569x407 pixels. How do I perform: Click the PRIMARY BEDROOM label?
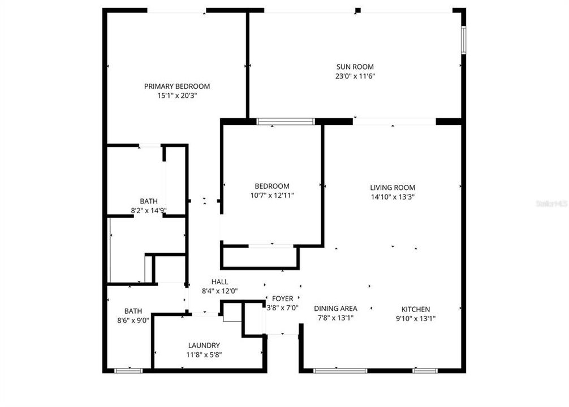point(177,86)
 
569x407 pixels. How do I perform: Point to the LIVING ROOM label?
point(393,188)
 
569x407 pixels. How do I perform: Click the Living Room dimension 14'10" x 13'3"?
point(393,197)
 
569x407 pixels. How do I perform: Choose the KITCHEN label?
point(416,309)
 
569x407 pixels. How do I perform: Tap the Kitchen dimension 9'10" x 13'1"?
point(416,318)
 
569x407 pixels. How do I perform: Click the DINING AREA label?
point(336,309)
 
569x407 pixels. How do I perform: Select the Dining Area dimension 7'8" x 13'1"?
point(336,318)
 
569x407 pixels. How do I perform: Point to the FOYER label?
point(283,298)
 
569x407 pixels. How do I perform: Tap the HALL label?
point(220,282)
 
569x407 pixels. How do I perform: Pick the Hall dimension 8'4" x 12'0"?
point(220,291)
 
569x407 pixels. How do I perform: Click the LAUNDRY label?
point(204,345)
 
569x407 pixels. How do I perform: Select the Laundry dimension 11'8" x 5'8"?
point(204,355)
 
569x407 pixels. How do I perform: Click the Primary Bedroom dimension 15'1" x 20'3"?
point(177,96)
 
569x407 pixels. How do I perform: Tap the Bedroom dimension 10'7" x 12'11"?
point(272,195)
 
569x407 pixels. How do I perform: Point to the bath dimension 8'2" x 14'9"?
point(149,211)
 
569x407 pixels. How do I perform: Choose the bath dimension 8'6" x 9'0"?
point(133,320)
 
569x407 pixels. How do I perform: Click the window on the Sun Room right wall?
point(463,41)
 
